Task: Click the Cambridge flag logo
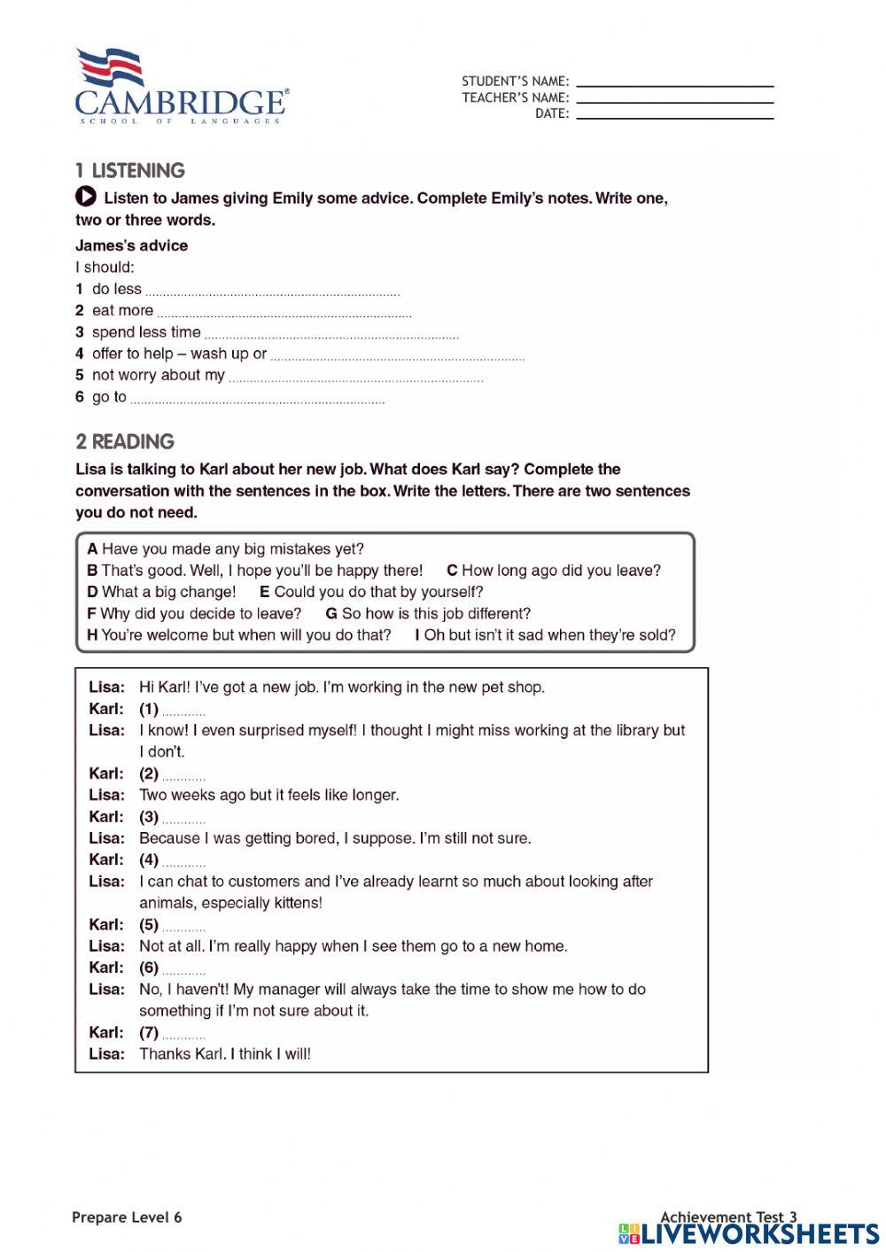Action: coord(110,67)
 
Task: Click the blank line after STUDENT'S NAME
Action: coord(674,85)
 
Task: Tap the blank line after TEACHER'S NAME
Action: coord(674,102)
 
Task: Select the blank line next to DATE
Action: coord(674,117)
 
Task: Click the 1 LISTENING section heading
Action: coord(130,171)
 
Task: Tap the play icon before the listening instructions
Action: coord(86,197)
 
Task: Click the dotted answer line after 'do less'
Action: coord(272,292)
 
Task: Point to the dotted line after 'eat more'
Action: coord(284,314)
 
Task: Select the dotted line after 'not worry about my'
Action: coord(355,379)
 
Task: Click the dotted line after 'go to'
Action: coord(257,401)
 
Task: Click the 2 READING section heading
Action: coord(125,441)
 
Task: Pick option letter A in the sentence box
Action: coord(92,549)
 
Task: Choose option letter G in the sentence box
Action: coord(331,613)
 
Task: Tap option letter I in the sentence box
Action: coord(417,635)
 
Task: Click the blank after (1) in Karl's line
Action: coord(184,712)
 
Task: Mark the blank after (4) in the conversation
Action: coord(184,863)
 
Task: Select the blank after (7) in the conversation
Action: coord(184,1036)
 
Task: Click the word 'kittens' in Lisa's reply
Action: coord(294,903)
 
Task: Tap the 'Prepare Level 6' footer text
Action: coord(127,1217)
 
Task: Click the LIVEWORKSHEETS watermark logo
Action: coord(749,1233)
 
